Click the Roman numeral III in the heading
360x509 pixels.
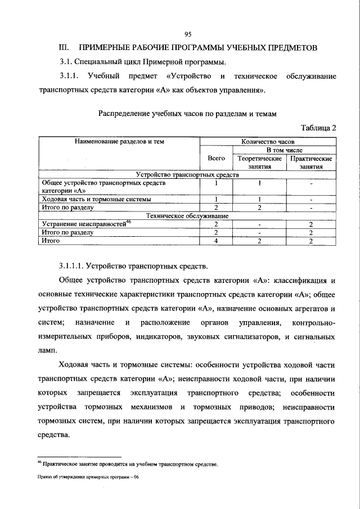(64, 48)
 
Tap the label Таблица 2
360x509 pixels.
(319, 128)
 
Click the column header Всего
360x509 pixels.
(217, 159)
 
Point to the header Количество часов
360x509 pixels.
(268, 142)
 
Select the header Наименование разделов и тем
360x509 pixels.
(119, 142)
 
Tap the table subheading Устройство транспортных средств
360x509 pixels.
(187, 175)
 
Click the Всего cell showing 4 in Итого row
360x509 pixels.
(216, 241)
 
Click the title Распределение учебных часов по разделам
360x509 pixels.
(187, 114)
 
